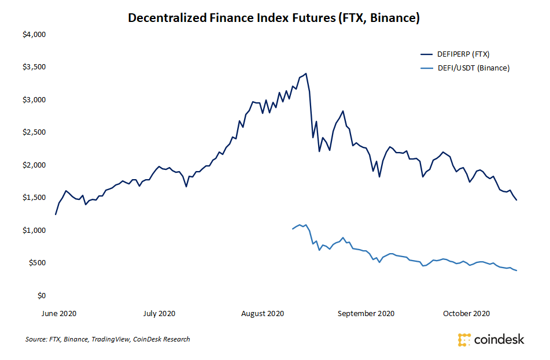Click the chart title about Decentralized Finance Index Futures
(x=274, y=18)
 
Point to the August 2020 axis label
(x=263, y=313)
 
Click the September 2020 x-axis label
(x=366, y=313)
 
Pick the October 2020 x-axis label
(x=466, y=313)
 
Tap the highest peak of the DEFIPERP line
(x=306, y=73)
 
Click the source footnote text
(x=108, y=339)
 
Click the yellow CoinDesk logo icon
(x=464, y=339)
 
